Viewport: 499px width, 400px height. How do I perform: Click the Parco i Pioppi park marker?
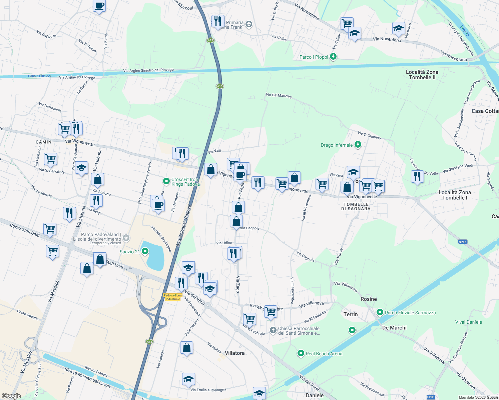click(333, 57)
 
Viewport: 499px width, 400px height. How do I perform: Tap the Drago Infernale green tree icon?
click(358, 145)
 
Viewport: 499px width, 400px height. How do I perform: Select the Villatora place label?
click(234, 353)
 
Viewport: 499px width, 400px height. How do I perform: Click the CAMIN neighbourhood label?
click(44, 142)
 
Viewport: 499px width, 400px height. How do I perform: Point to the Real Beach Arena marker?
click(301, 353)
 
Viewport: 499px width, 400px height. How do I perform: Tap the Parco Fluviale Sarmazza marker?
click(380, 312)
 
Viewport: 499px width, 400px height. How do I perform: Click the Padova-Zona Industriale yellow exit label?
click(173, 297)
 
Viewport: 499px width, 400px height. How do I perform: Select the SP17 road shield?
click(462, 242)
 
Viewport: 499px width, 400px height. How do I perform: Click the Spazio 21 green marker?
click(145, 251)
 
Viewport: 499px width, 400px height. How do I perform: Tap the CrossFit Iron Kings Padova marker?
click(166, 181)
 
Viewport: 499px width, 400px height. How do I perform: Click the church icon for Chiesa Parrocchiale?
click(273, 330)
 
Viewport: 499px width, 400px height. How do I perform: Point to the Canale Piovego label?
click(39, 76)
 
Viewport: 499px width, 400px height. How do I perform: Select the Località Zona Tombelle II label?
click(422, 75)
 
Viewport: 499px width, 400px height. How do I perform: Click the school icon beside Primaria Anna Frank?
click(248, 24)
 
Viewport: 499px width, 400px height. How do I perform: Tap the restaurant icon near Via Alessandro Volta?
click(417, 176)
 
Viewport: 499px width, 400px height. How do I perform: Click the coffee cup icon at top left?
click(99, 6)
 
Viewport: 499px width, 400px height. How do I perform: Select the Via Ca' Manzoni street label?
click(279, 96)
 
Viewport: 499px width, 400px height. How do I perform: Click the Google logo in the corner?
click(11, 396)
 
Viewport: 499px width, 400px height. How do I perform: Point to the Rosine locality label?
click(369, 299)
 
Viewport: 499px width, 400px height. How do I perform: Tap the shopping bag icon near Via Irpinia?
click(187, 348)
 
